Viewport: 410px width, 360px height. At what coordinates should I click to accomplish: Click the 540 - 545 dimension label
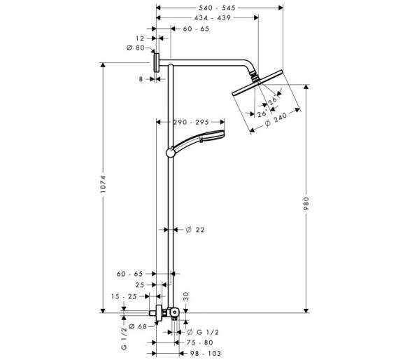(x=217, y=8)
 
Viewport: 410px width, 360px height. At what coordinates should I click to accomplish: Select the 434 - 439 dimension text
(x=213, y=18)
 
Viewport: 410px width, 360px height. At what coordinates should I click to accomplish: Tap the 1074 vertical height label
(x=103, y=185)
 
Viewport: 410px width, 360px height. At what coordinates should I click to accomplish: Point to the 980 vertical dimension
(x=306, y=203)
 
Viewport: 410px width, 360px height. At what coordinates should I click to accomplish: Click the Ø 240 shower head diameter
(x=276, y=119)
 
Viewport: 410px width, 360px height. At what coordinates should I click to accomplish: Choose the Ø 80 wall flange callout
(x=136, y=48)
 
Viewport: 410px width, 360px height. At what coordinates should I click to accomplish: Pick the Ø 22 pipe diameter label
(x=195, y=230)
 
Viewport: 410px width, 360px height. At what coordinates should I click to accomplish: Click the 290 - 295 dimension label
(x=191, y=122)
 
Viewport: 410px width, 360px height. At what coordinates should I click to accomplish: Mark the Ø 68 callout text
(x=138, y=326)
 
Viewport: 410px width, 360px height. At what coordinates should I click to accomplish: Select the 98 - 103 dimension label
(x=206, y=354)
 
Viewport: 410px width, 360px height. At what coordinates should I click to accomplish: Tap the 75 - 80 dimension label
(x=200, y=342)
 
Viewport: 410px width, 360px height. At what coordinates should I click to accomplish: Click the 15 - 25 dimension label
(x=124, y=296)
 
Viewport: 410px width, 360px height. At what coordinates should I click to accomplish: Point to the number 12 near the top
(x=140, y=39)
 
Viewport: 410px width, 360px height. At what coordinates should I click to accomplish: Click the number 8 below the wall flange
(x=141, y=79)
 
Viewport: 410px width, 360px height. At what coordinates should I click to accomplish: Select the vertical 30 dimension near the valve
(x=186, y=296)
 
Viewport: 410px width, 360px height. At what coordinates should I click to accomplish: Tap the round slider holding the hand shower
(x=171, y=152)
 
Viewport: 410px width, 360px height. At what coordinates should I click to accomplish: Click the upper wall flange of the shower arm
(x=156, y=62)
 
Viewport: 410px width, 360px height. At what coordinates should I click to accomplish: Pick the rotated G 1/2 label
(x=124, y=338)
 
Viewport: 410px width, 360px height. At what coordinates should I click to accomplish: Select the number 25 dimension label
(x=140, y=284)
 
